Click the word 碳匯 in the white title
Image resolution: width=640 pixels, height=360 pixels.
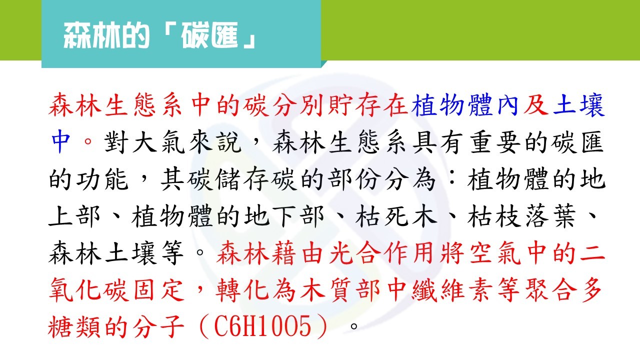pyautogui.click(x=209, y=35)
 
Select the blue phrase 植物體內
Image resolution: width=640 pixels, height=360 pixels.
pyautogui.click(x=465, y=105)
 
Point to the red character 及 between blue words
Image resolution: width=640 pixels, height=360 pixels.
pyautogui.click(x=535, y=105)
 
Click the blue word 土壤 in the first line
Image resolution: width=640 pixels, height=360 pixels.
pyautogui.click(x=579, y=105)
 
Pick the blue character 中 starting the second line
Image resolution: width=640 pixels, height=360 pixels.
pyautogui.click(x=61, y=141)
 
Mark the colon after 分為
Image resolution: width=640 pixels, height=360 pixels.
pyautogui.click(x=451, y=179)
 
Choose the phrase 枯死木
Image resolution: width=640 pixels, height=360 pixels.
pyautogui.click(x=396, y=216)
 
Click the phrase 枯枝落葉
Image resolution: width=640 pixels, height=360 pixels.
pyautogui.click(x=522, y=216)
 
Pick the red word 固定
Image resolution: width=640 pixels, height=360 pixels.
pyautogui.click(x=158, y=289)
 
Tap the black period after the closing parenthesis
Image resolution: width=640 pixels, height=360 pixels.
pyautogui.click(x=354, y=326)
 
